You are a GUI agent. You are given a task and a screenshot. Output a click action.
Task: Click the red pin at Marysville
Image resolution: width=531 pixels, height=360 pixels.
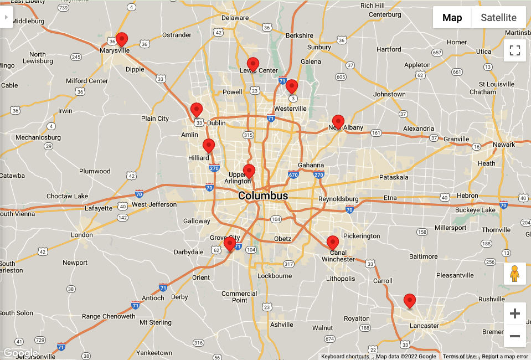pos(121,39)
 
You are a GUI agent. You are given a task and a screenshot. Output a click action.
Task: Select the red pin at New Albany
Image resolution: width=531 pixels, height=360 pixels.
pos(338,121)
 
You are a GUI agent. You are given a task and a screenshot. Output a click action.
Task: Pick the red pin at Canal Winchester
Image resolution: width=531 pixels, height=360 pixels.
pos(332,243)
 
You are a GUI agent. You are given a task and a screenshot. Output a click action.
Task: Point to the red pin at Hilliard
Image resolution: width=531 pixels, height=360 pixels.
pos(209,146)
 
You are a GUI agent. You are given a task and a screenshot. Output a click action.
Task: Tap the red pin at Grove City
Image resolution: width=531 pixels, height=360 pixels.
pos(230,244)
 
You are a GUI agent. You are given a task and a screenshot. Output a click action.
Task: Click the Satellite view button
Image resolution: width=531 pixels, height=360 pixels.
pos(498,18)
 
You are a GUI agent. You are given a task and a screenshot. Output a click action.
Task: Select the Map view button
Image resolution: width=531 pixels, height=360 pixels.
pos(452,18)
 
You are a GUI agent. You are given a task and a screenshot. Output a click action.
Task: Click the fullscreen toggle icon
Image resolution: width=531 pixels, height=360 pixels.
pos(515,51)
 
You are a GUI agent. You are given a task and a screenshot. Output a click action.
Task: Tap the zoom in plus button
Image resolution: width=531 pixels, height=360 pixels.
pos(515,314)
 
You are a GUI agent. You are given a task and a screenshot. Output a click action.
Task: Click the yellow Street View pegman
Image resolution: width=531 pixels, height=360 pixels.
pos(515,274)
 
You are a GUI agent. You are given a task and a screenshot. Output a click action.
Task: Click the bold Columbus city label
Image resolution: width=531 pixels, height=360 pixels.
pos(263,196)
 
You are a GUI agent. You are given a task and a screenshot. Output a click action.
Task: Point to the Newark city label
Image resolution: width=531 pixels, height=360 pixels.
pos(504,145)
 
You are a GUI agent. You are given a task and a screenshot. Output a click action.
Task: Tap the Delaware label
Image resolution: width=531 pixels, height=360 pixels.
pos(235,18)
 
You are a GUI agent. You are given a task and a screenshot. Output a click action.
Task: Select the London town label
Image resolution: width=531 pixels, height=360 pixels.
pos(82,235)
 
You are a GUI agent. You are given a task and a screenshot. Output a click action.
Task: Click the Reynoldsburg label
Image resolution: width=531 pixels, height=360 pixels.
pos(338,199)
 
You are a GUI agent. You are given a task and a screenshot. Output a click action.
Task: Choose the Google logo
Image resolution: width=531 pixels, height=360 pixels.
pos(20,353)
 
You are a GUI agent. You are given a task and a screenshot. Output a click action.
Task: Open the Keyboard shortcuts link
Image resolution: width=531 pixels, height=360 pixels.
pos(345,357)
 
